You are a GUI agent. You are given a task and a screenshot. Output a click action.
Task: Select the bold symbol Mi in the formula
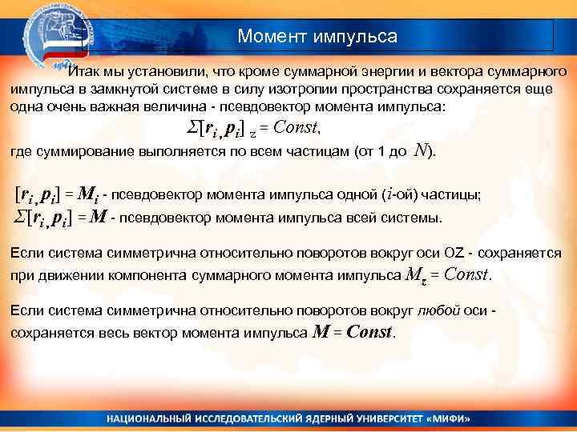click(89, 194)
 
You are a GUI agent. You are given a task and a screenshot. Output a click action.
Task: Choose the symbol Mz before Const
click(411, 276)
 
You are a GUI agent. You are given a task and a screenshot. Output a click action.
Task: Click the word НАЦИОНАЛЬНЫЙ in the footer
click(148, 418)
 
